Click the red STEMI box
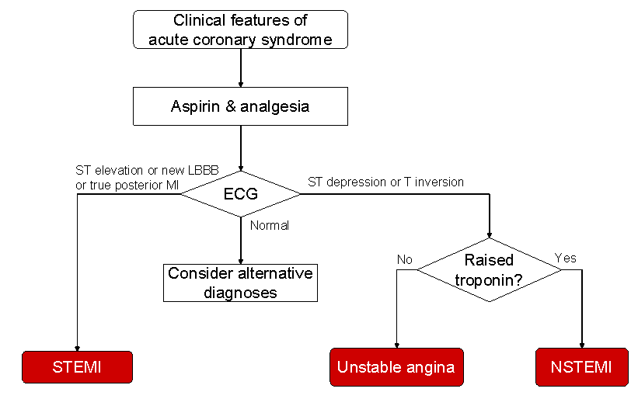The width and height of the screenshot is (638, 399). pos(77,367)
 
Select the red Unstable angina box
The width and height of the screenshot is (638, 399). pos(396,367)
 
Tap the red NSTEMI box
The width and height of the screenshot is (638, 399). pos(582,367)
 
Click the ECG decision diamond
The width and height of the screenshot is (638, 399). pos(241,194)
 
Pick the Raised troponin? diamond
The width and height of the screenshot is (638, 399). pos(489,270)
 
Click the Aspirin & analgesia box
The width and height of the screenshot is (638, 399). pos(240,106)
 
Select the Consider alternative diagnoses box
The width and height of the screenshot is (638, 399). pos(240,283)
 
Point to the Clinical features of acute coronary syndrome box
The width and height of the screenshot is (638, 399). pos(240,29)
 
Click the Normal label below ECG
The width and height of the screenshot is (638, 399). pos(270,225)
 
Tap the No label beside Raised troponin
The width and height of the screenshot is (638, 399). pos(404,259)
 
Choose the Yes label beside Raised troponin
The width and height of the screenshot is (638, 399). pos(566,258)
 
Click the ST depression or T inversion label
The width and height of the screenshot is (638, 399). pos(385,182)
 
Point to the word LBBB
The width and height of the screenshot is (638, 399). pos(204,170)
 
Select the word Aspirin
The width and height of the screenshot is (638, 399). pos(195,106)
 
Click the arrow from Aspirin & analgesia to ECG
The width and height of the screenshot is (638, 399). pos(241,148)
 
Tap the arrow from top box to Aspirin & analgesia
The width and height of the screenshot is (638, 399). pos(241,68)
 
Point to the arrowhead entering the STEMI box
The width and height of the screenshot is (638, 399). pos(77,349)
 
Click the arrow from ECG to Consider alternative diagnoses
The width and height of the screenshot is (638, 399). pos(241,241)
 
